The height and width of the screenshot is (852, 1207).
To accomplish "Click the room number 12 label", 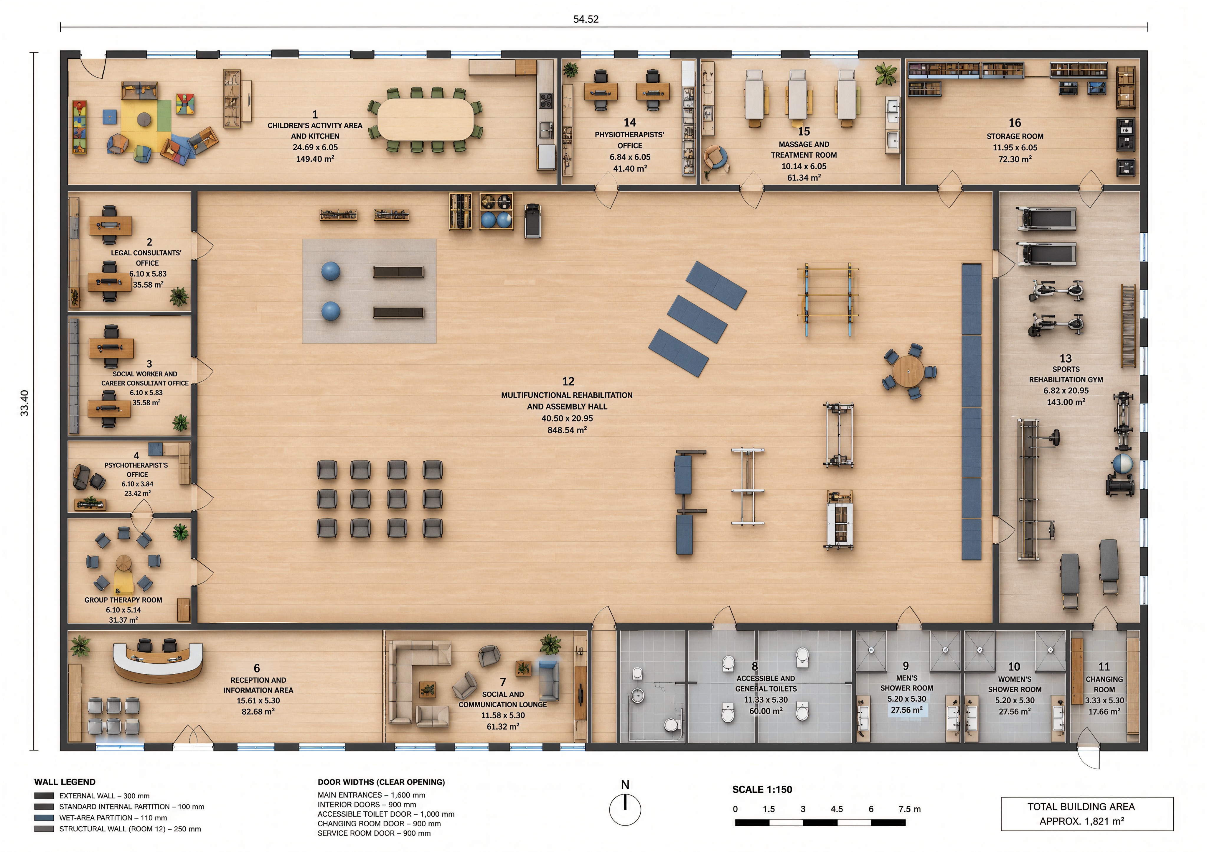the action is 568,381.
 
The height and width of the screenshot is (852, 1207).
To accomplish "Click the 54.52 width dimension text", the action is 586,19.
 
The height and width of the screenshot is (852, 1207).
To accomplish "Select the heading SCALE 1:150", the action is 762,790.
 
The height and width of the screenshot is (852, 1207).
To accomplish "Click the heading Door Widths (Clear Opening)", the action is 381,782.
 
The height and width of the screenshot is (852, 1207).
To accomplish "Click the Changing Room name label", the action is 1104,684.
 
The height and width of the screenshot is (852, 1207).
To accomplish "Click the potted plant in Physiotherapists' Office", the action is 570,69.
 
